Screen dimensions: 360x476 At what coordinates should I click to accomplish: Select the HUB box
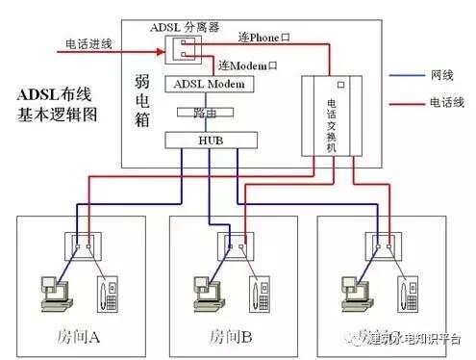coord(213,141)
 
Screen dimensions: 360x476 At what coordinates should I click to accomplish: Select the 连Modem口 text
coord(247,64)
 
